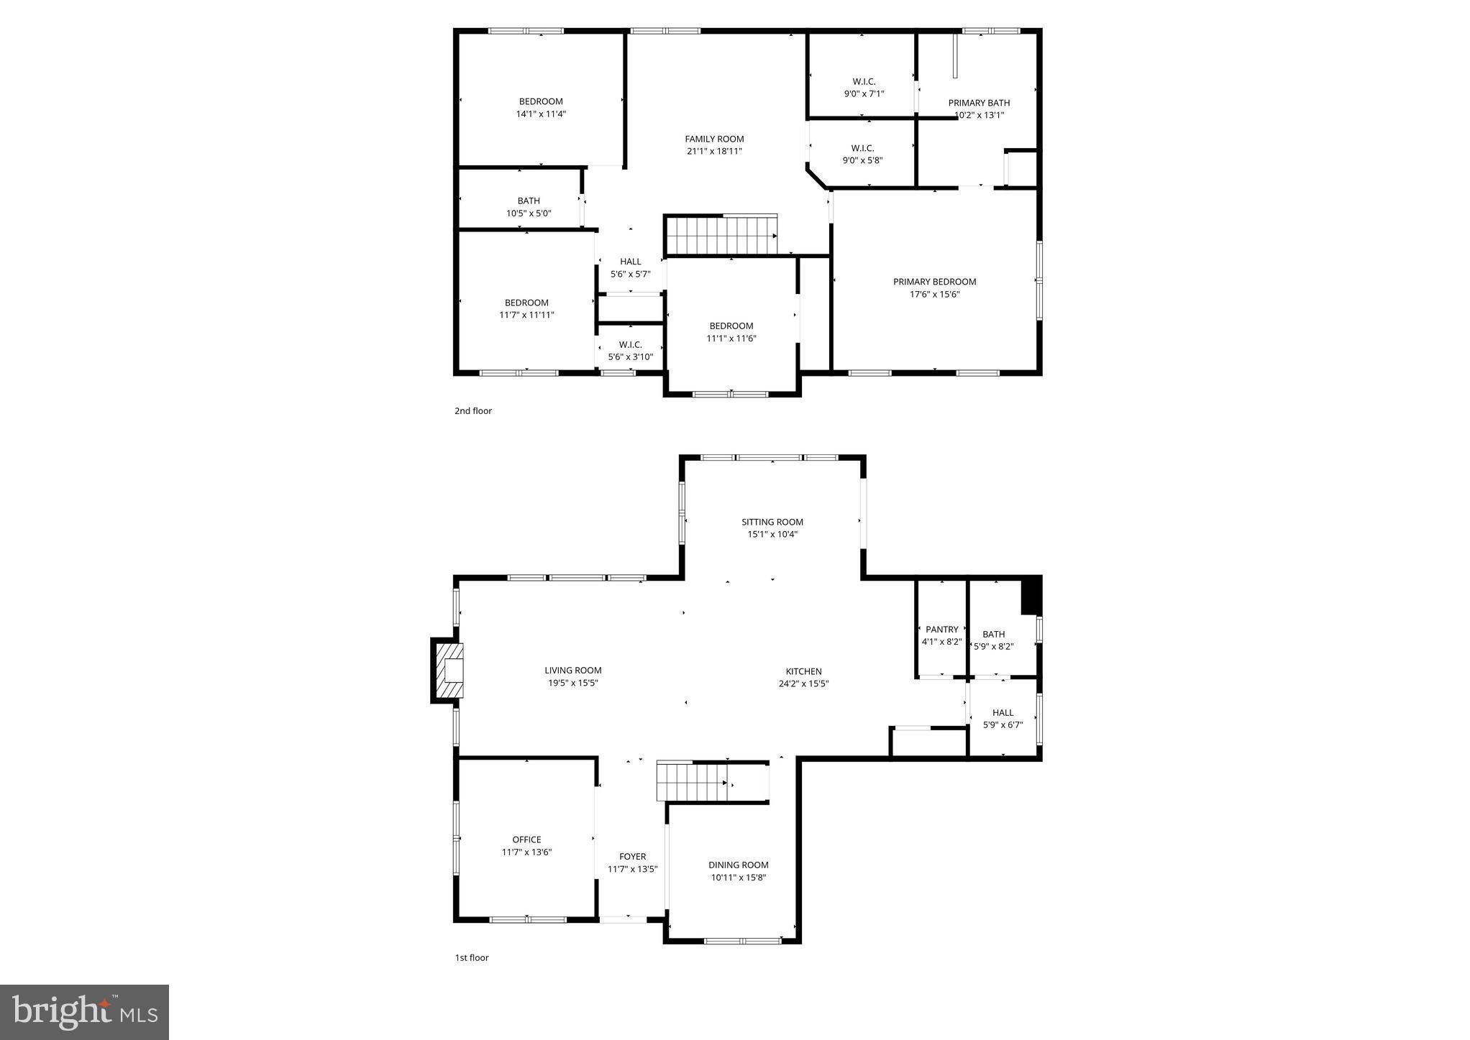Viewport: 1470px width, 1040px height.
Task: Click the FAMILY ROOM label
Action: click(x=713, y=139)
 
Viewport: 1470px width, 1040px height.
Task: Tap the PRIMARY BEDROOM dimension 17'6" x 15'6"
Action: click(x=934, y=294)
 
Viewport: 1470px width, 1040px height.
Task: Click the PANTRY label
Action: click(x=941, y=630)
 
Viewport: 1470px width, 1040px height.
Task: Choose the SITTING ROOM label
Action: click(x=772, y=522)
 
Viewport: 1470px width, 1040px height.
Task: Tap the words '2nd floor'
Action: click(x=472, y=411)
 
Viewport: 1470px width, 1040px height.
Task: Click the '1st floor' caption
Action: click(x=471, y=957)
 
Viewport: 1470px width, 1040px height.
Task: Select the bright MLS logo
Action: click(x=84, y=1012)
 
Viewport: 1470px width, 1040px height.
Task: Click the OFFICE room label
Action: click(x=526, y=839)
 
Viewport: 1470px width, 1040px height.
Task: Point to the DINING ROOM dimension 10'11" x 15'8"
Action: click(x=738, y=878)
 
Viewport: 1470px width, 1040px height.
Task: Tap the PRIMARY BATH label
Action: click(x=978, y=103)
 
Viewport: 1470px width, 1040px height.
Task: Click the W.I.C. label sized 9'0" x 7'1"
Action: click(x=864, y=81)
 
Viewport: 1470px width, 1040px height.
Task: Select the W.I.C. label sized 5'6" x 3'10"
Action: click(x=630, y=345)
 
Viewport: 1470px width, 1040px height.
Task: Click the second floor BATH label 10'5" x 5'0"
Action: click(x=528, y=201)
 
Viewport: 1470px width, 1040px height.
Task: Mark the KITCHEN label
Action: click(x=803, y=671)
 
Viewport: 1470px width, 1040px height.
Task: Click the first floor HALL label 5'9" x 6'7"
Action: click(x=1003, y=713)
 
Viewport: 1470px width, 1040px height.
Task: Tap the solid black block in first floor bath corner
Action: click(x=1031, y=595)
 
